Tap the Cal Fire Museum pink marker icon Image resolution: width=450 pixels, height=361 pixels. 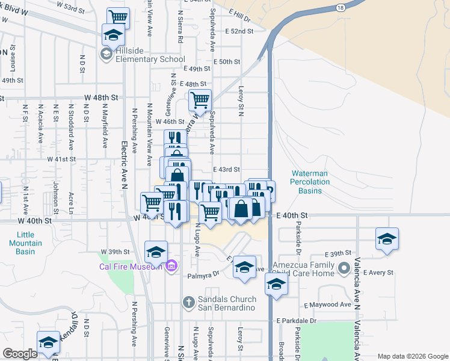[x=171, y=265]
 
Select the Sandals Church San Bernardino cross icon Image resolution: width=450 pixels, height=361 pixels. [x=188, y=301]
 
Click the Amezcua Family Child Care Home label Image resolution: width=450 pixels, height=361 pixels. [x=302, y=269]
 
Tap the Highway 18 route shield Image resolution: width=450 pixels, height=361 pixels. [x=341, y=8]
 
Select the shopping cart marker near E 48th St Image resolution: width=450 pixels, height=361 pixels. [x=200, y=99]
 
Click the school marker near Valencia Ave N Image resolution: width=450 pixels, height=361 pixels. [x=387, y=238]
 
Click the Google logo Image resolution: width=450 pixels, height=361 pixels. [x=20, y=353]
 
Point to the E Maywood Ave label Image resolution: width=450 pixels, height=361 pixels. [x=327, y=305]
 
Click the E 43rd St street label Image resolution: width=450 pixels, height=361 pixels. [x=226, y=170]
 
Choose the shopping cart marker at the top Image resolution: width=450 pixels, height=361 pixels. [x=118, y=17]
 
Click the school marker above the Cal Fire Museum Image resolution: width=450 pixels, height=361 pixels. [x=156, y=251]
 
